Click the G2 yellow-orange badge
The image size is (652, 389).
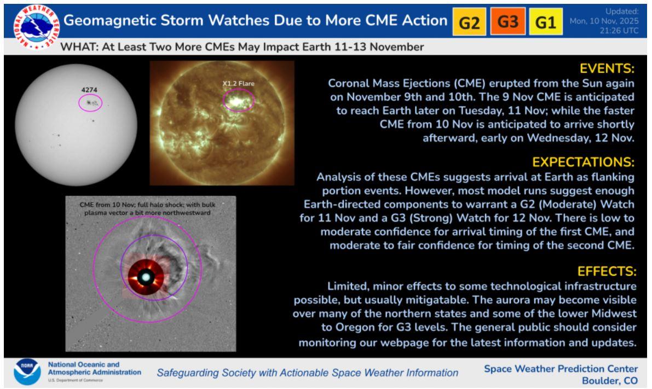point(469,21)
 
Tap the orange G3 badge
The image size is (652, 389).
point(507,21)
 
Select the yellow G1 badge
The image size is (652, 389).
point(546,21)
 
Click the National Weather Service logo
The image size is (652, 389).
point(36,27)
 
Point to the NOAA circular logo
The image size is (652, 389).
point(27,371)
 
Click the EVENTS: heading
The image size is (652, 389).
point(607,68)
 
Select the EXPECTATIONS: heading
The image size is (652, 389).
point(584,161)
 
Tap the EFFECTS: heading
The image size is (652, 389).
point(607,271)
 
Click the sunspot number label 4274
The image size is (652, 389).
point(89,89)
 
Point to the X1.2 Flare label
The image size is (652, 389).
point(238,84)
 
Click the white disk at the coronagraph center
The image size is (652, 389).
point(146,277)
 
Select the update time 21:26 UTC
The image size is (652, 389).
point(619,30)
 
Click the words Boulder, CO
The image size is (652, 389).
point(610,381)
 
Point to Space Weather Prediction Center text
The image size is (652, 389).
point(561,369)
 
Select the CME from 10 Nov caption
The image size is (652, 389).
point(148,208)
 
